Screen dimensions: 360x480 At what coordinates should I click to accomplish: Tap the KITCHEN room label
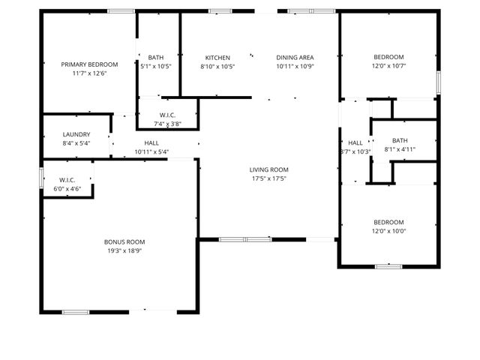click(217, 58)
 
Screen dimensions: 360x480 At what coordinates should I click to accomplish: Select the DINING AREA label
click(295, 58)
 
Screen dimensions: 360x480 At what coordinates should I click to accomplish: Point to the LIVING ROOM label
click(268, 169)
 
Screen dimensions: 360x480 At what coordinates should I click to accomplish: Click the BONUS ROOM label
click(124, 241)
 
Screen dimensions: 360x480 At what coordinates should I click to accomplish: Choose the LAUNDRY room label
click(76, 134)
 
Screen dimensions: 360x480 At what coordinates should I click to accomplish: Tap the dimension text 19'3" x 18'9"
click(124, 250)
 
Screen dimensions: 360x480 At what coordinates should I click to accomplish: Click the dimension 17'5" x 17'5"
click(268, 178)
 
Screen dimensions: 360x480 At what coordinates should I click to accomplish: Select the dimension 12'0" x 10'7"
click(388, 66)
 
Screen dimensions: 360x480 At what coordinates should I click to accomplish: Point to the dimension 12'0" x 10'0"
click(388, 231)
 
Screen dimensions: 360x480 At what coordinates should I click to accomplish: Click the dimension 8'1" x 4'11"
click(400, 149)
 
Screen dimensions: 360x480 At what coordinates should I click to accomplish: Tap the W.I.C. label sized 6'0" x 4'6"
click(67, 180)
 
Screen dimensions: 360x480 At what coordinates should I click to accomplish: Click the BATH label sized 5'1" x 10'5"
click(156, 58)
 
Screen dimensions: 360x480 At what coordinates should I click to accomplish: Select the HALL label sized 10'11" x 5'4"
click(151, 142)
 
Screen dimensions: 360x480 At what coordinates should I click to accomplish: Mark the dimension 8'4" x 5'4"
click(76, 143)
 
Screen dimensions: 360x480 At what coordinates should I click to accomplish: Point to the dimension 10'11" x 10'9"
click(295, 66)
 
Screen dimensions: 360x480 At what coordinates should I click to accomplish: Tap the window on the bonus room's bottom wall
click(76, 311)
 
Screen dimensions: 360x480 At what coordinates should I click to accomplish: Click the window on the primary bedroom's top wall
click(121, 10)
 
